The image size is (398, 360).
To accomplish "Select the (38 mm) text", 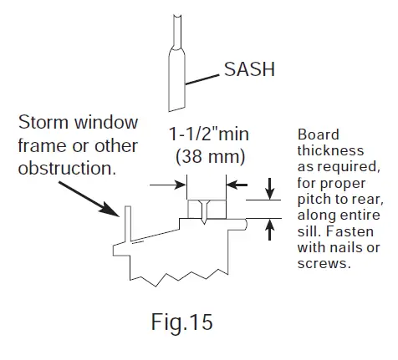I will pyautogui.click(x=207, y=156).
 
